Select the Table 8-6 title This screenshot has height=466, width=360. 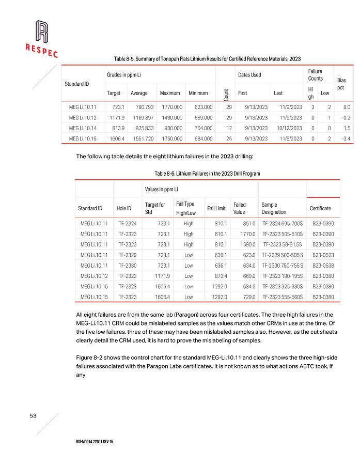(x=207, y=174)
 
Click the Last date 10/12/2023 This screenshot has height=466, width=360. (x=289, y=128)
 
